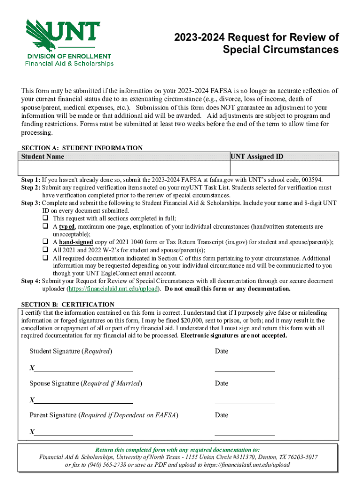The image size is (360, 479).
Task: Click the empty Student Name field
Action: pyautogui.click(x=124, y=167)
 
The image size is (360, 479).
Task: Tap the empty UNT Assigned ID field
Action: pyautogui.click(x=284, y=167)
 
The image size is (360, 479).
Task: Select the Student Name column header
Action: pyautogui.click(x=43, y=156)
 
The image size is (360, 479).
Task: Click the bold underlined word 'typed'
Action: pyautogui.click(x=67, y=226)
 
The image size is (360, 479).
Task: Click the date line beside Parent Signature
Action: pyautogui.click(x=245, y=434)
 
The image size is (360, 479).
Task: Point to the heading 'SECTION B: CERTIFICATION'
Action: pyautogui.click(x=68, y=305)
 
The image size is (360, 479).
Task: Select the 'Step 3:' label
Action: pyautogui.click(x=31, y=203)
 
